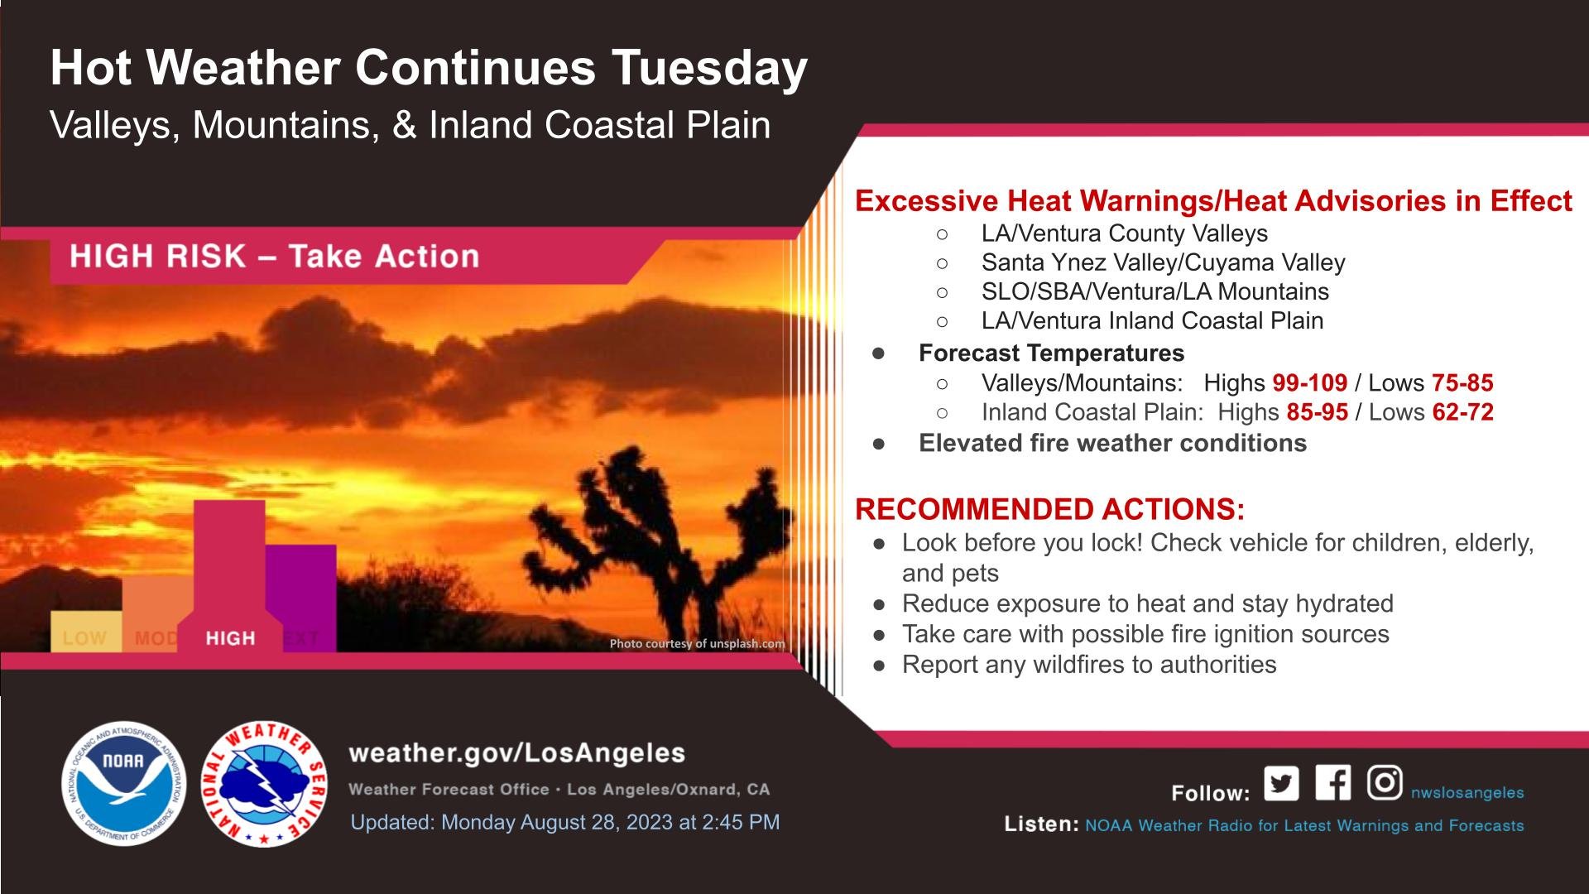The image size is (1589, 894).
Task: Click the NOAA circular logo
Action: click(x=124, y=783)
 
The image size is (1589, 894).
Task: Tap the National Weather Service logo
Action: click(x=265, y=783)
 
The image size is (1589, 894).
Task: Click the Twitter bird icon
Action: click(x=1281, y=783)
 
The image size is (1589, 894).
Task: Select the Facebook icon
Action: click(x=1332, y=783)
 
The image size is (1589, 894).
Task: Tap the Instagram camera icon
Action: click(x=1384, y=783)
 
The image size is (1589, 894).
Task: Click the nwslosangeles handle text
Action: click(x=1467, y=793)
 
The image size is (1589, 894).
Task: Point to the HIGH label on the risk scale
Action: click(x=230, y=638)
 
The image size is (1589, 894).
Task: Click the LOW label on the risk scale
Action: click(x=84, y=638)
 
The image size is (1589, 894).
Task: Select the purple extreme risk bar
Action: click(x=301, y=598)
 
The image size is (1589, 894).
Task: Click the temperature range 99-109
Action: click(x=1310, y=383)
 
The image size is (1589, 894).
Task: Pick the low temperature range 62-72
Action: click(x=1462, y=412)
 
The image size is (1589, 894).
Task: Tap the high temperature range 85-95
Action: click(x=1318, y=412)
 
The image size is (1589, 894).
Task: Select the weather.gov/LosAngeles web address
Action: click(x=517, y=753)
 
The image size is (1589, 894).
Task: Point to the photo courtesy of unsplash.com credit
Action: click(x=698, y=643)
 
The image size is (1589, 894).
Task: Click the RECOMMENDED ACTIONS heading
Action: click(x=1050, y=509)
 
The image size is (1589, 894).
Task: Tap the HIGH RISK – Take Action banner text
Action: click(x=275, y=257)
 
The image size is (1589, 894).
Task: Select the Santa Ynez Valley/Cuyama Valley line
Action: click(x=1164, y=262)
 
